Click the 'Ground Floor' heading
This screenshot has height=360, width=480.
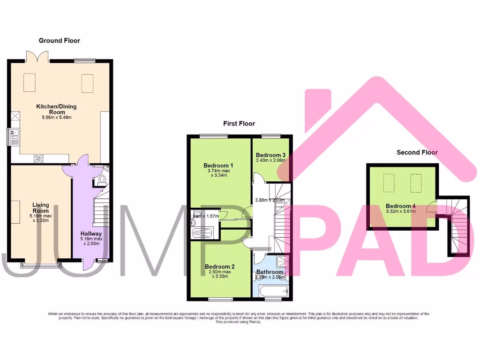(x=59, y=41)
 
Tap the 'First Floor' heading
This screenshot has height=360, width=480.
(x=239, y=124)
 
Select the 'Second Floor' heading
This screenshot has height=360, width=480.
(x=417, y=152)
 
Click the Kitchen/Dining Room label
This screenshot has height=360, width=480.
(x=56, y=109)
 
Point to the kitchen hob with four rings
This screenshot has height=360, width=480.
(x=38, y=158)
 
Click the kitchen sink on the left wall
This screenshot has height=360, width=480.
(x=15, y=136)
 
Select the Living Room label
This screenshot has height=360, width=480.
(x=40, y=208)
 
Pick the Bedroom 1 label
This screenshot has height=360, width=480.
(x=218, y=165)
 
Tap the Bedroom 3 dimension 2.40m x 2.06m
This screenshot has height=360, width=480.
(x=270, y=160)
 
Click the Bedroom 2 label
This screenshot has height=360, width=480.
(x=220, y=267)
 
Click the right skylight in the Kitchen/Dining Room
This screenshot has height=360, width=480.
(x=88, y=83)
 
